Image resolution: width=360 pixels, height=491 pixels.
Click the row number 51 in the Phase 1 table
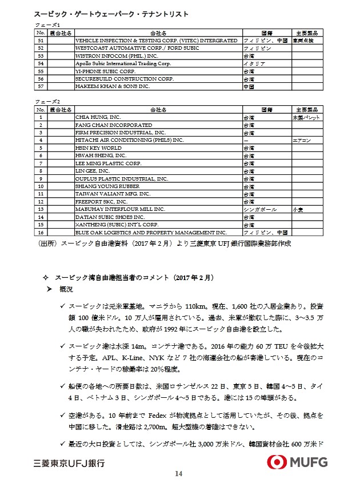40,41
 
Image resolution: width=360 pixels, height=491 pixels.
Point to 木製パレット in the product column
306,117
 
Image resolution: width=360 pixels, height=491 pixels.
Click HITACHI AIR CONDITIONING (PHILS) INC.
130,139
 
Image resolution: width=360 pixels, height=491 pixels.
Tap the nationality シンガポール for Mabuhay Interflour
261,210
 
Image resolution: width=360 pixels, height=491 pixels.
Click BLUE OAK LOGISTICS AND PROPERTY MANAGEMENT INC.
151,233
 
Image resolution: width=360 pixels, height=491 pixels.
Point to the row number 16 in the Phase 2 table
40,233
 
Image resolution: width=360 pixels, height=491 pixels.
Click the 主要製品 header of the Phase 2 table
306,109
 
